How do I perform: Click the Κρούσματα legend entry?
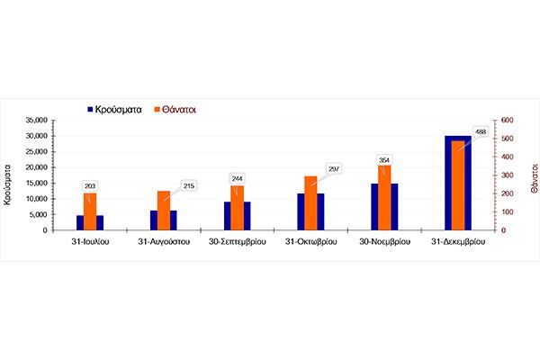tap(118, 109)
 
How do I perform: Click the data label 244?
tap(237, 178)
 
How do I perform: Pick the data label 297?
tap(334, 168)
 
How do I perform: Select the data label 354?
tap(384, 159)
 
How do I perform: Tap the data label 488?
tap(481, 132)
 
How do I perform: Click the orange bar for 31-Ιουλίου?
tap(89, 211)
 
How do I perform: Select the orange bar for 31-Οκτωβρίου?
tap(310, 203)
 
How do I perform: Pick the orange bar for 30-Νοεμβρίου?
tap(384, 198)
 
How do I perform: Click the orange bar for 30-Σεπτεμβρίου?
tap(237, 208)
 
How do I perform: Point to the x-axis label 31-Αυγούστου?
tap(163, 242)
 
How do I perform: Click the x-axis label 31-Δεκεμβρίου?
tap(458, 242)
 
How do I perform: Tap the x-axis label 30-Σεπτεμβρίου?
tap(237, 242)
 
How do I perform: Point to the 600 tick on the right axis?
tap(507, 121)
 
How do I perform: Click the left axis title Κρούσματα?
tap(8, 184)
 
